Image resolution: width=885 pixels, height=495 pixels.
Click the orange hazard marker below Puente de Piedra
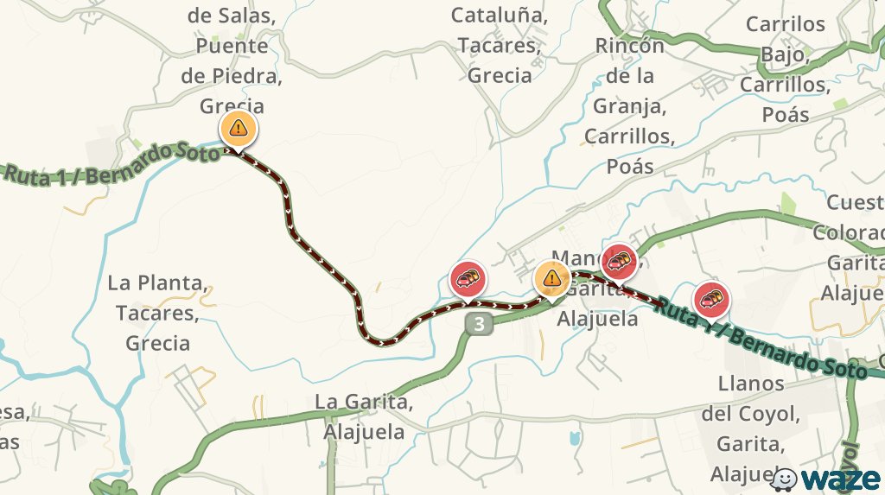238,129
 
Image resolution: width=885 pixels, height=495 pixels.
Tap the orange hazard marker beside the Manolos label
551,278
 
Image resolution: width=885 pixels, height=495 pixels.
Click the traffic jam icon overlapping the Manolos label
619,259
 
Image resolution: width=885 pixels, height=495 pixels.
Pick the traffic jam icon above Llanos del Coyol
711,299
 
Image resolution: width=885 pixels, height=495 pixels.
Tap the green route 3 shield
479,325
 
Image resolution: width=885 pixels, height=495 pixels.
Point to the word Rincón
629,45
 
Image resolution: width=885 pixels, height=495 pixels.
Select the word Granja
628,106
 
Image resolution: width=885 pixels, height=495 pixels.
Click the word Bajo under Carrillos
785,54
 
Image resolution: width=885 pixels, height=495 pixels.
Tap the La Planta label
157,282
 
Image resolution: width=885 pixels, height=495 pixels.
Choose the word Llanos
751,383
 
